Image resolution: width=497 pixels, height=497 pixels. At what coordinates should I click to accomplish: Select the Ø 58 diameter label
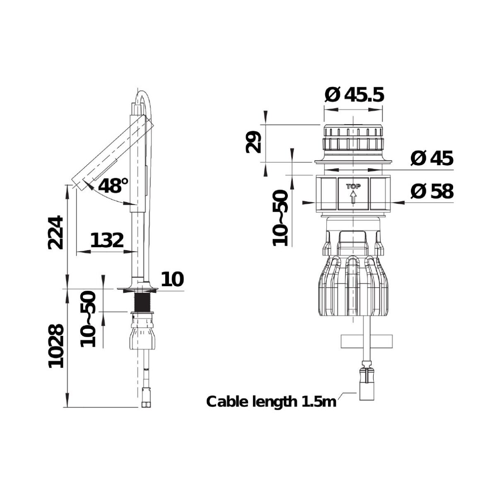[432, 191]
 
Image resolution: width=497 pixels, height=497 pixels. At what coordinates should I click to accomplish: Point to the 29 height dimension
[253, 142]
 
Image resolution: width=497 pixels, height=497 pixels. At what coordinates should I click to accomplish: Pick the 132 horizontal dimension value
[107, 240]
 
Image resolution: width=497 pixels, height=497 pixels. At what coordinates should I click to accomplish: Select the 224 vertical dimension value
[55, 233]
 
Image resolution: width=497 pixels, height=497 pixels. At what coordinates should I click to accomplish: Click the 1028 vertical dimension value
[55, 346]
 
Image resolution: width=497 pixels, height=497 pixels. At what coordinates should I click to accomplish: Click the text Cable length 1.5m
[271, 408]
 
